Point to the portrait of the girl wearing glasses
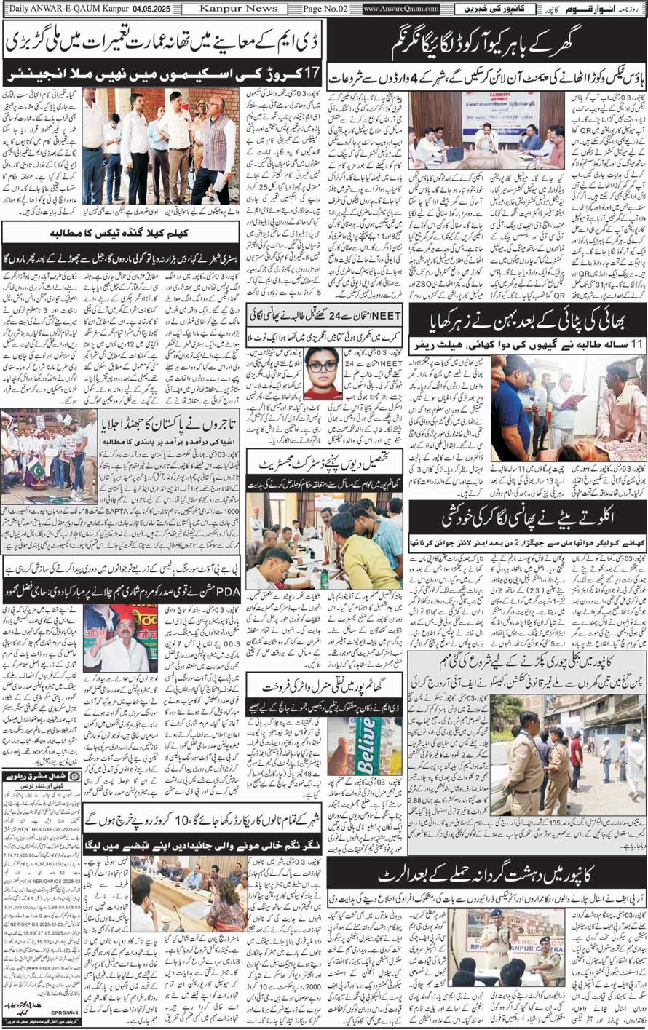323,373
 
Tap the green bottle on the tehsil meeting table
323,578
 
